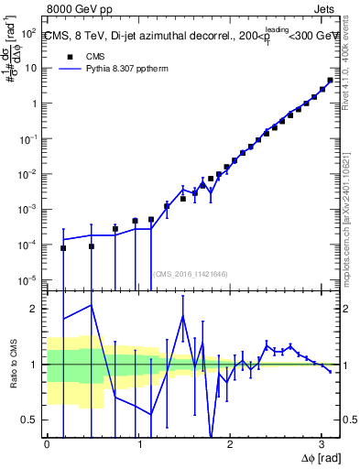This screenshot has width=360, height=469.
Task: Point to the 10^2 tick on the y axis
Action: tap(29, 32)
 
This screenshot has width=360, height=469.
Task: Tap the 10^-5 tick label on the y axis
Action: tap(29, 279)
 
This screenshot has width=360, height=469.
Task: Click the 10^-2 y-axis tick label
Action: tap(29, 174)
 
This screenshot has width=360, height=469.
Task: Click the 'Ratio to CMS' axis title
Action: tap(12, 365)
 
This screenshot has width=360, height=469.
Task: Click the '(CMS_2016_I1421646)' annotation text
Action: tap(190, 273)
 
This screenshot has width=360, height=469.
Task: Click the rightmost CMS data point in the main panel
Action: tap(330, 81)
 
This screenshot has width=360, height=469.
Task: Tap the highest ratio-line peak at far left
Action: tap(91, 305)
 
